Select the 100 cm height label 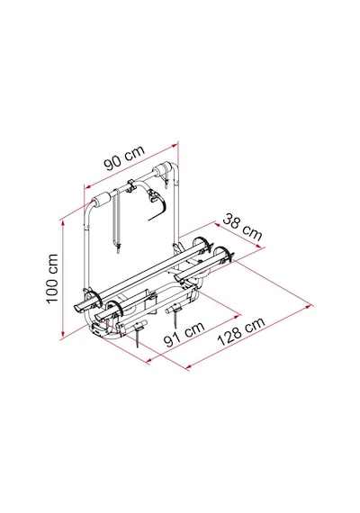52,278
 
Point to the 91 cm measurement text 184,334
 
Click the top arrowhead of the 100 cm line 62,223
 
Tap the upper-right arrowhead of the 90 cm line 175,144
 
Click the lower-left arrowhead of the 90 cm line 87,186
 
